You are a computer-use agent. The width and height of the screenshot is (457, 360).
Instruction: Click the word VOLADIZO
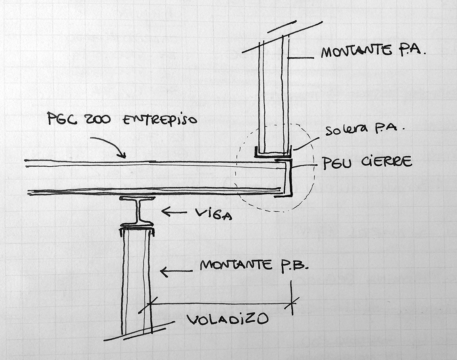pos(228,319)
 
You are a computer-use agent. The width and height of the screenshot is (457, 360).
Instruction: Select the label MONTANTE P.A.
pos(373,52)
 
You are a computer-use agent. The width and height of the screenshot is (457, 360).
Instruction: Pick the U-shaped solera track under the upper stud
pos(273,153)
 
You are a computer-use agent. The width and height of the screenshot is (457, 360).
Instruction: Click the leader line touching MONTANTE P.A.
pos(301,58)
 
